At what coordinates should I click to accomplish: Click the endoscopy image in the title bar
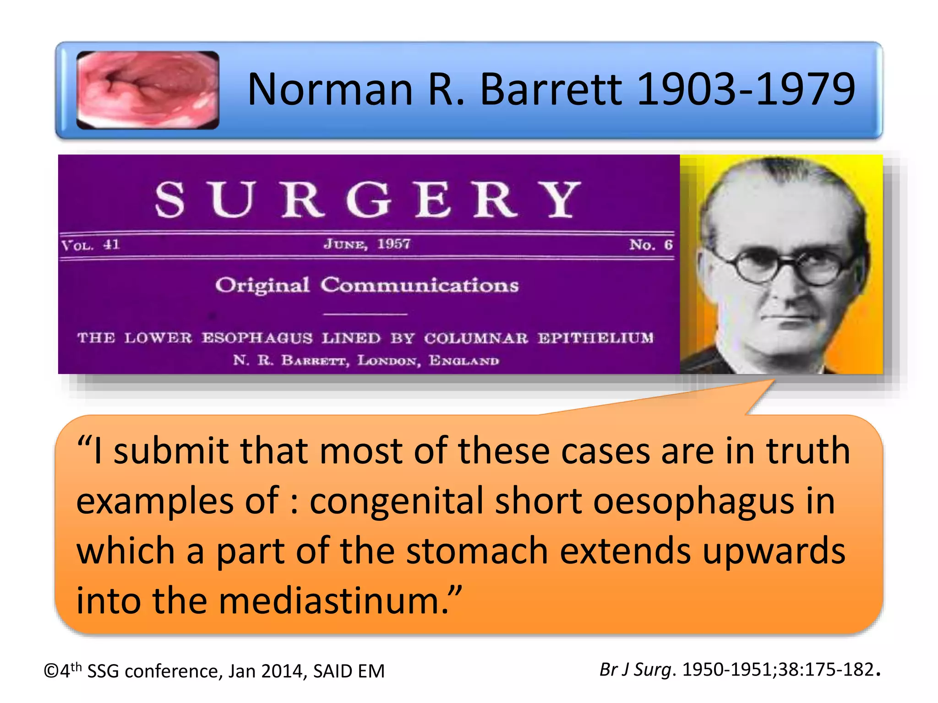point(147,90)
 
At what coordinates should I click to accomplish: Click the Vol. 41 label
point(91,245)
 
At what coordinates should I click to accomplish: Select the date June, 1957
point(367,244)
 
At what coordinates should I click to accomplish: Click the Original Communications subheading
point(367,285)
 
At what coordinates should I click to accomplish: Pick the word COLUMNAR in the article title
point(476,338)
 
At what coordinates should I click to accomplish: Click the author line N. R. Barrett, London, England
point(366,361)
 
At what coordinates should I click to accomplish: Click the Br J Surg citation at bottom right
point(739,670)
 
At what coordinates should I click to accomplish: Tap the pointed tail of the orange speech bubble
point(760,389)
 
